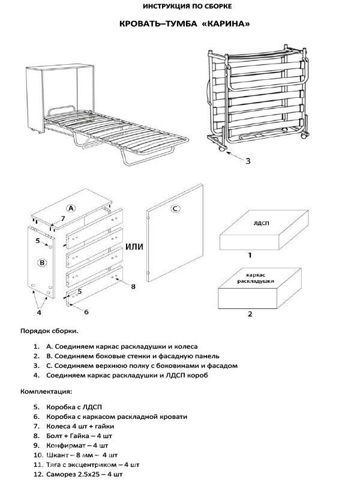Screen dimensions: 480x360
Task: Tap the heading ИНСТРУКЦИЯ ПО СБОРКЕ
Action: [x=179, y=7]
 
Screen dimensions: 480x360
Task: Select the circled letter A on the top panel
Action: [x=70, y=208]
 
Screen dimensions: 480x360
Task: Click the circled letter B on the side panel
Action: [x=41, y=262]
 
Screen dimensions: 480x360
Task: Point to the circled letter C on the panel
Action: [x=175, y=209]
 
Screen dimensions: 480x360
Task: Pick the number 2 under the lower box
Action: [x=250, y=313]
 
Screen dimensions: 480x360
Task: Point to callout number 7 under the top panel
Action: [x=62, y=218]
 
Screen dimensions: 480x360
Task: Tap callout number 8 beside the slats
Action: [x=133, y=286]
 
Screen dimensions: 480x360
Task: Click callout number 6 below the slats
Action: [x=86, y=312]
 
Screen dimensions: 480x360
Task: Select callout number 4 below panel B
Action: [x=39, y=312]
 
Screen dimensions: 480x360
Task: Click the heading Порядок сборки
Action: [x=49, y=331]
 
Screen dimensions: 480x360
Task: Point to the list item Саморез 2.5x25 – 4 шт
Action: [x=85, y=475]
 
